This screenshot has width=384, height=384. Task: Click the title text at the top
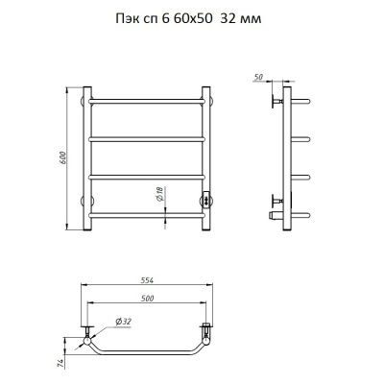coord(188,19)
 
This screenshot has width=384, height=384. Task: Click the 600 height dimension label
coord(63,157)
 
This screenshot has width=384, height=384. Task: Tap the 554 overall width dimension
coord(147,280)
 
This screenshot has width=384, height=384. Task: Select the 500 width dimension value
coord(147,299)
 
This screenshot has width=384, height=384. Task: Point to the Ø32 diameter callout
coord(123,322)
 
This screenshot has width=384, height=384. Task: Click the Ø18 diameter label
coord(160,194)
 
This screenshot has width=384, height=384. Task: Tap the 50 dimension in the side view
coord(258,77)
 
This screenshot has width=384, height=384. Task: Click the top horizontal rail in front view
coord(147,101)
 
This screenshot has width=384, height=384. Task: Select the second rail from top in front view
coord(147,139)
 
